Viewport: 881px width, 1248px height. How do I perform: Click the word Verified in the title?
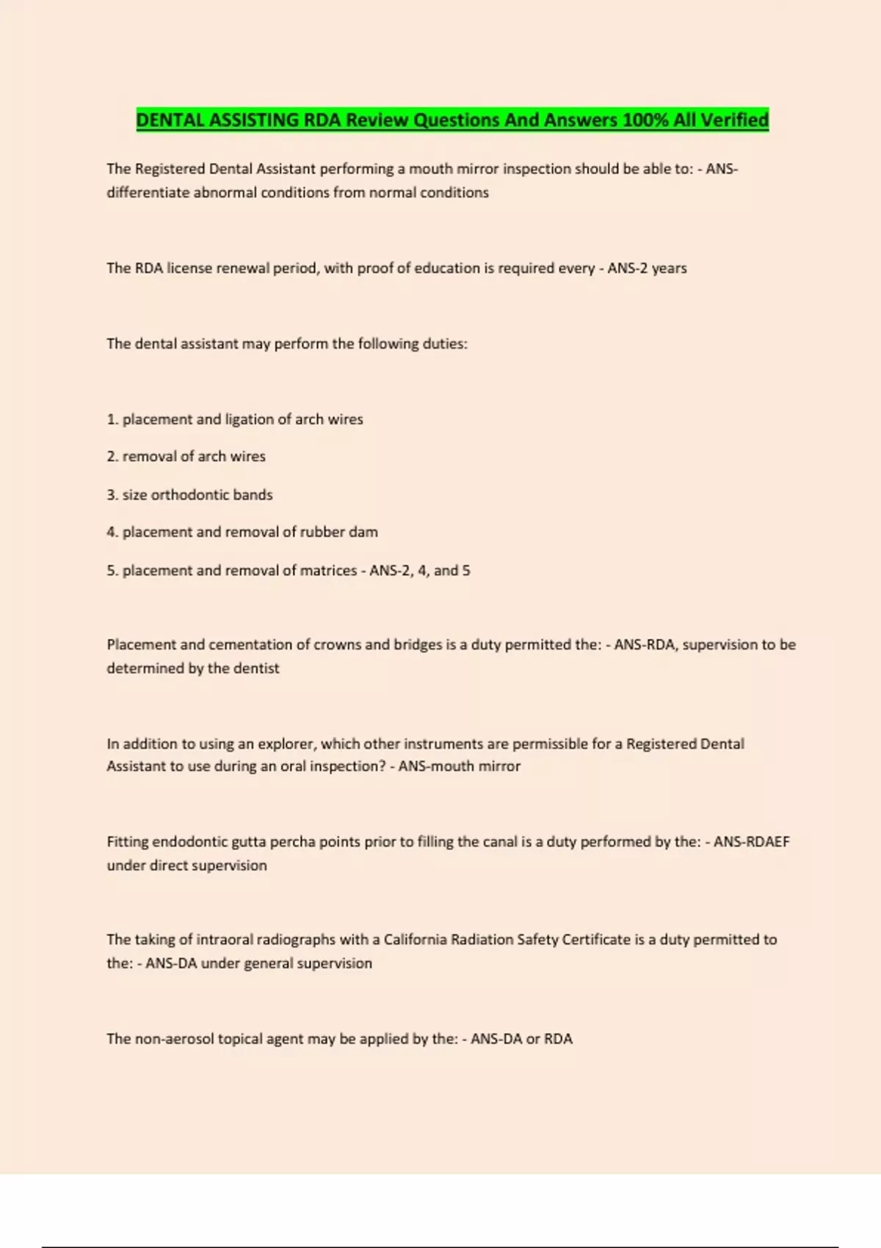click(734, 120)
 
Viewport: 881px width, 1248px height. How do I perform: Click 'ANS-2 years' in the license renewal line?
click(647, 268)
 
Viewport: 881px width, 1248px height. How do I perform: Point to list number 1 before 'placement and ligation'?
click(112, 419)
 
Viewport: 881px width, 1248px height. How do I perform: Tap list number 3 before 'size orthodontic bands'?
click(112, 495)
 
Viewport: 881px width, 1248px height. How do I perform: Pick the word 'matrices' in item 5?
click(328, 570)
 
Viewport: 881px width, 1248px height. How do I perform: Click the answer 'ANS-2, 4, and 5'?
click(419, 570)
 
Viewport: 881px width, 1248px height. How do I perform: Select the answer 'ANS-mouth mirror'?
click(459, 766)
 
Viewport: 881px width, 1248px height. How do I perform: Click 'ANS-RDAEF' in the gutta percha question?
click(751, 842)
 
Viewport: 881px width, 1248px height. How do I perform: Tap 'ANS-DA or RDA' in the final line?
click(521, 1039)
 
